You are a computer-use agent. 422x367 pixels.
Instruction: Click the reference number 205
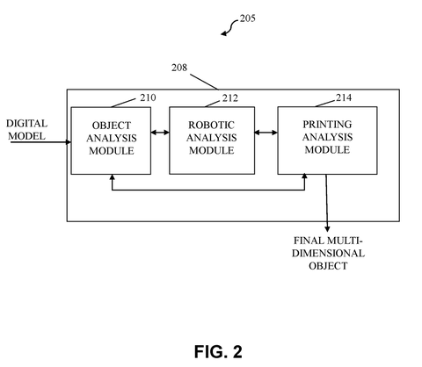coord(248,18)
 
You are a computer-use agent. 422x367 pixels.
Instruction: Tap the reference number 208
coord(179,68)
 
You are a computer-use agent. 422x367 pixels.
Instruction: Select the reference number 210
coord(148,97)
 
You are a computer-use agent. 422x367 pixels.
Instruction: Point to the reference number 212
coord(230,98)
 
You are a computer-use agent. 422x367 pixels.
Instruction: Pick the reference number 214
coord(344,97)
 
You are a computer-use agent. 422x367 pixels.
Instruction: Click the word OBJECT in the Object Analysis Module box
coord(112,126)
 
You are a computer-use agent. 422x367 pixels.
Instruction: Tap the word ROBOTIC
coord(211,126)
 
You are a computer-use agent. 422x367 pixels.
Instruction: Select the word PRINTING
coord(327,125)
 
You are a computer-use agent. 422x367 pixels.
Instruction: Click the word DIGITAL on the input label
coord(26,124)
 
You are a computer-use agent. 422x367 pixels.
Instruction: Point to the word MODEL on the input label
coord(26,136)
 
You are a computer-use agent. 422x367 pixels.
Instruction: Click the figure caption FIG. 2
coord(218,351)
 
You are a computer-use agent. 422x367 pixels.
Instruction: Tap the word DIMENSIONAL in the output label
coord(328,253)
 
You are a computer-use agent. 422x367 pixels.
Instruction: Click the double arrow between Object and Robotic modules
coord(160,133)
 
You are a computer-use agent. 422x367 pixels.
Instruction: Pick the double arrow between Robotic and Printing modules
coord(266,133)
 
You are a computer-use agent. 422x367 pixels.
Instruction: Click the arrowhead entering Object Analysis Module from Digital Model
coord(69,142)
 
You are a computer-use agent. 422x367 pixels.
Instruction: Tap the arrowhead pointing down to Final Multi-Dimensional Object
coord(327,228)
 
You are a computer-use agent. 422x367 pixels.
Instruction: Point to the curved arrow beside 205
coord(229,28)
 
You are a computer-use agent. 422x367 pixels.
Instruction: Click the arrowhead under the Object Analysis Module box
coord(112,177)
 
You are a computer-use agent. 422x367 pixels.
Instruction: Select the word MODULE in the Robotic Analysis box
coord(211,150)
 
